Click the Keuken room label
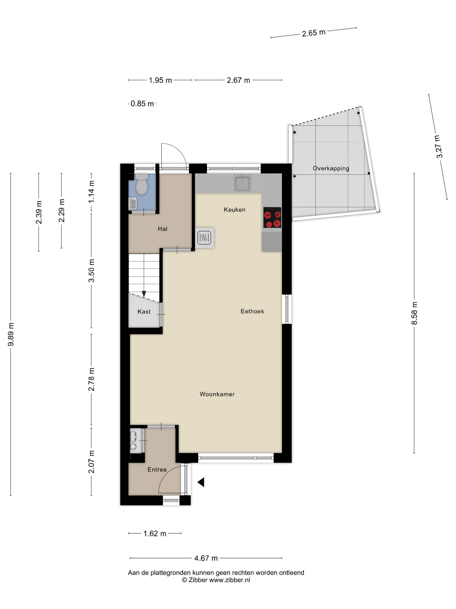point(235,210)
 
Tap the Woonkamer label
point(217,394)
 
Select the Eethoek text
point(252,311)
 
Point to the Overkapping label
point(331,169)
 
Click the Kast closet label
point(144,312)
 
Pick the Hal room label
point(163,229)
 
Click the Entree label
point(157,470)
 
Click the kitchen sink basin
point(242,183)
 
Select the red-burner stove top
point(272,217)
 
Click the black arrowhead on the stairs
point(144,294)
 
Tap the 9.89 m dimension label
point(11,334)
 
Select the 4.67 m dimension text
point(206,558)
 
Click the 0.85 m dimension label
point(142,104)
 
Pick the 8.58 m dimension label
point(414,313)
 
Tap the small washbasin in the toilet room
point(133,204)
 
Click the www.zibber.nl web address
point(230,580)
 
